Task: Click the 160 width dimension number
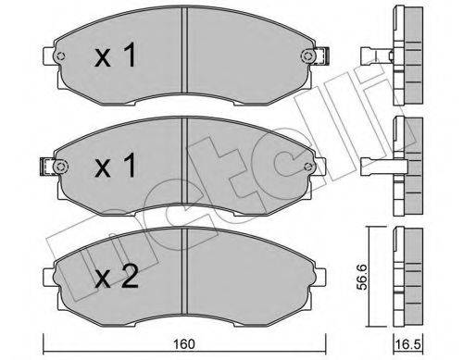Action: [x=184, y=344]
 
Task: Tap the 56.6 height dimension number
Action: [x=361, y=277]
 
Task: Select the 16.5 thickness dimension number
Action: [x=408, y=344]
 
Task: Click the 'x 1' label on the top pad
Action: [x=115, y=56]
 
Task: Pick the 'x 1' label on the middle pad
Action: [x=115, y=166]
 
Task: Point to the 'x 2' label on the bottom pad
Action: [x=116, y=277]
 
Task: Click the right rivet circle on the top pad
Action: [x=307, y=56]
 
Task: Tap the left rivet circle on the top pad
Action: [x=60, y=56]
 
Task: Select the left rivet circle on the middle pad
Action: [x=60, y=167]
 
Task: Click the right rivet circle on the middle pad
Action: [x=307, y=167]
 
